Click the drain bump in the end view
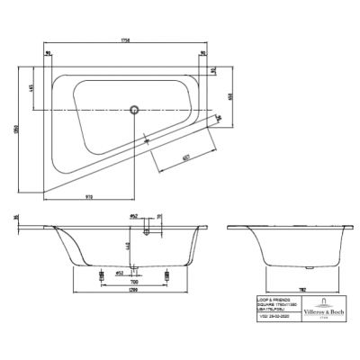[x=310, y=265]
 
